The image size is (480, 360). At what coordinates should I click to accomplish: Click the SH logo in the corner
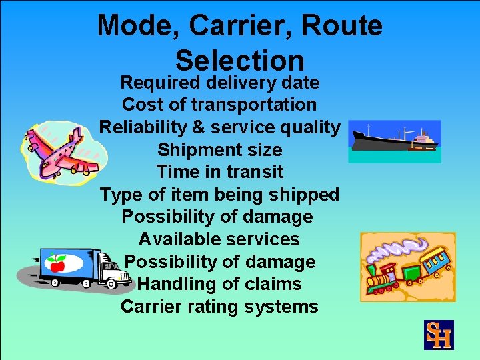pos(439,335)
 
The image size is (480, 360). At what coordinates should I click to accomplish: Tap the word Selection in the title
pos(240,61)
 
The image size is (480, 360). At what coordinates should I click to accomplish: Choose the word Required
pos(161,83)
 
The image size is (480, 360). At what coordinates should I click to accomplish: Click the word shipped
pos(307,195)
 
